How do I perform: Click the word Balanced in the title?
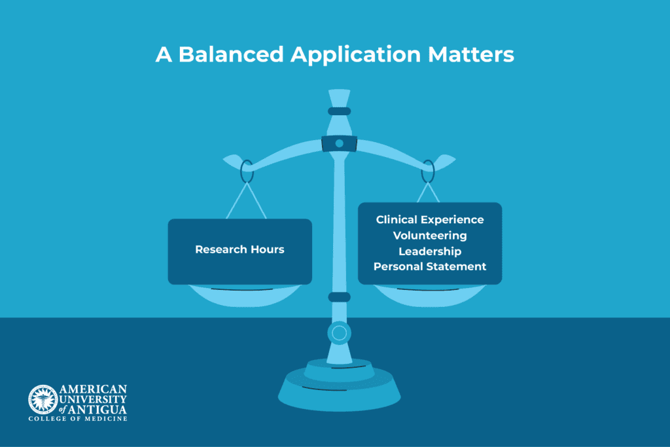[x=231, y=54]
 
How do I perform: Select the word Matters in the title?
[x=471, y=54]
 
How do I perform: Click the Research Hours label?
[x=239, y=249]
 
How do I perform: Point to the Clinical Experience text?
[x=430, y=220]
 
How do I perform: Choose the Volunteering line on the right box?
[x=430, y=236]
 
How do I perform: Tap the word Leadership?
[x=430, y=251]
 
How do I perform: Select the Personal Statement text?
[x=430, y=266]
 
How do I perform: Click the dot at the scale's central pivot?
[x=340, y=143]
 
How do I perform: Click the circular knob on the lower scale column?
[x=340, y=333]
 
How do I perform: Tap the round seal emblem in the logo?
[x=43, y=400]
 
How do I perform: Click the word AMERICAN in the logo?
[x=93, y=389]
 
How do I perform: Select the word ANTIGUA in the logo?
[x=98, y=410]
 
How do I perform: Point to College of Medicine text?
[x=78, y=419]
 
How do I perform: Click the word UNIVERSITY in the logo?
[x=93, y=400]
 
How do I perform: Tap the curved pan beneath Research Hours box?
[x=243, y=297]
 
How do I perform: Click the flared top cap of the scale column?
[x=340, y=98]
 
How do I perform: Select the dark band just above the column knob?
[x=340, y=297]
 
